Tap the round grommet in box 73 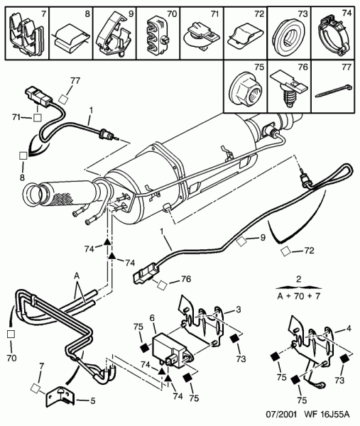(288, 36)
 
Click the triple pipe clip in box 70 (156, 35)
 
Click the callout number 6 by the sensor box (152, 318)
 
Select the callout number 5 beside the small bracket (93, 400)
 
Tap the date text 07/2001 (281, 415)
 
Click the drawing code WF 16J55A (327, 415)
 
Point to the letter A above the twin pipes (77, 277)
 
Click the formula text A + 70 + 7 (299, 296)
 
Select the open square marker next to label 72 (285, 252)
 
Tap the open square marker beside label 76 (163, 285)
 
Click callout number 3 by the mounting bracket (239, 310)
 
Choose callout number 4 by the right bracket (349, 329)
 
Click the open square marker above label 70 (11, 334)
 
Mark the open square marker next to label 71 (38, 118)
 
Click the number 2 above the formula (299, 279)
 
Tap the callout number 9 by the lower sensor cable (263, 237)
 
